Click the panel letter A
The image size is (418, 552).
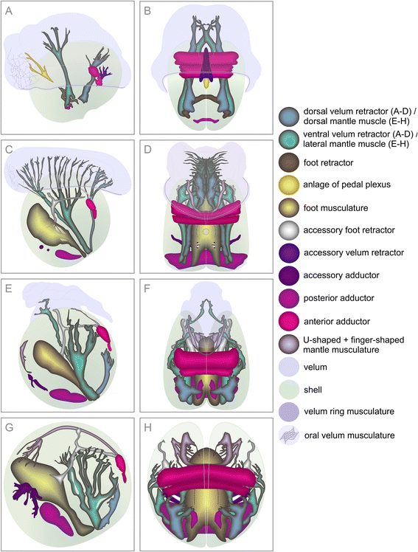point(9,11)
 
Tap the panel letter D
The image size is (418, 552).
point(147,149)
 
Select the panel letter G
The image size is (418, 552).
point(9,427)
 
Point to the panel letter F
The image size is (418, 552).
point(147,289)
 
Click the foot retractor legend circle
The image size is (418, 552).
point(289,163)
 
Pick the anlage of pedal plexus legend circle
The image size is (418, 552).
point(289,184)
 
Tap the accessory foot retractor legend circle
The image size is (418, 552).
point(289,230)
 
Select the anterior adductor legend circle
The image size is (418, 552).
point(289,322)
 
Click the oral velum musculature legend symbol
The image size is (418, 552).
point(289,435)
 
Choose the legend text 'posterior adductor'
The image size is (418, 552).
point(338,298)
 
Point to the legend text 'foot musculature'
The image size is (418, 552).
point(335,207)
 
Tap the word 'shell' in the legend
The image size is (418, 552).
point(313,390)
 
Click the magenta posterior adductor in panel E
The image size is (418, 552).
point(69,395)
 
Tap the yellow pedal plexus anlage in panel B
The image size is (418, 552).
point(207,83)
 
